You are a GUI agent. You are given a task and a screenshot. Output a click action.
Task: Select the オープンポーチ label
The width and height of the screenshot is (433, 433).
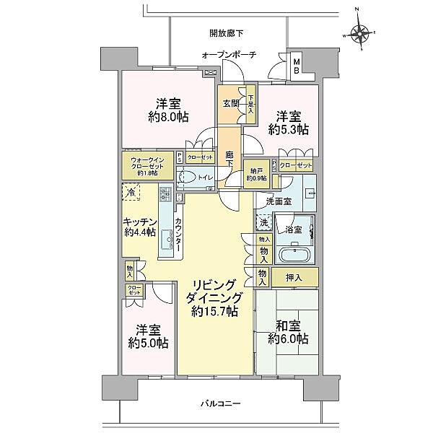(228, 55)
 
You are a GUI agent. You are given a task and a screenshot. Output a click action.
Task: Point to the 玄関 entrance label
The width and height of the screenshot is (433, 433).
(230, 103)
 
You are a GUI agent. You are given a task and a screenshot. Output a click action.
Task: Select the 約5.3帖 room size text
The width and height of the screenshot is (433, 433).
(289, 130)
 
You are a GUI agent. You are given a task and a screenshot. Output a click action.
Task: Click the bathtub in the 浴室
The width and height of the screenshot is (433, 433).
(295, 255)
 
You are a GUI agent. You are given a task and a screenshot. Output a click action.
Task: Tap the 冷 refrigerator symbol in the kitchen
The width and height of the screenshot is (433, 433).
(131, 193)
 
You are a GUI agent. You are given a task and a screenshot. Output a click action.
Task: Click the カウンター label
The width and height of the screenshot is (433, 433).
(178, 233)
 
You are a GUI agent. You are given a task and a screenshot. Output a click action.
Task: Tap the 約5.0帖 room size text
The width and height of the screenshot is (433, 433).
(149, 344)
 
